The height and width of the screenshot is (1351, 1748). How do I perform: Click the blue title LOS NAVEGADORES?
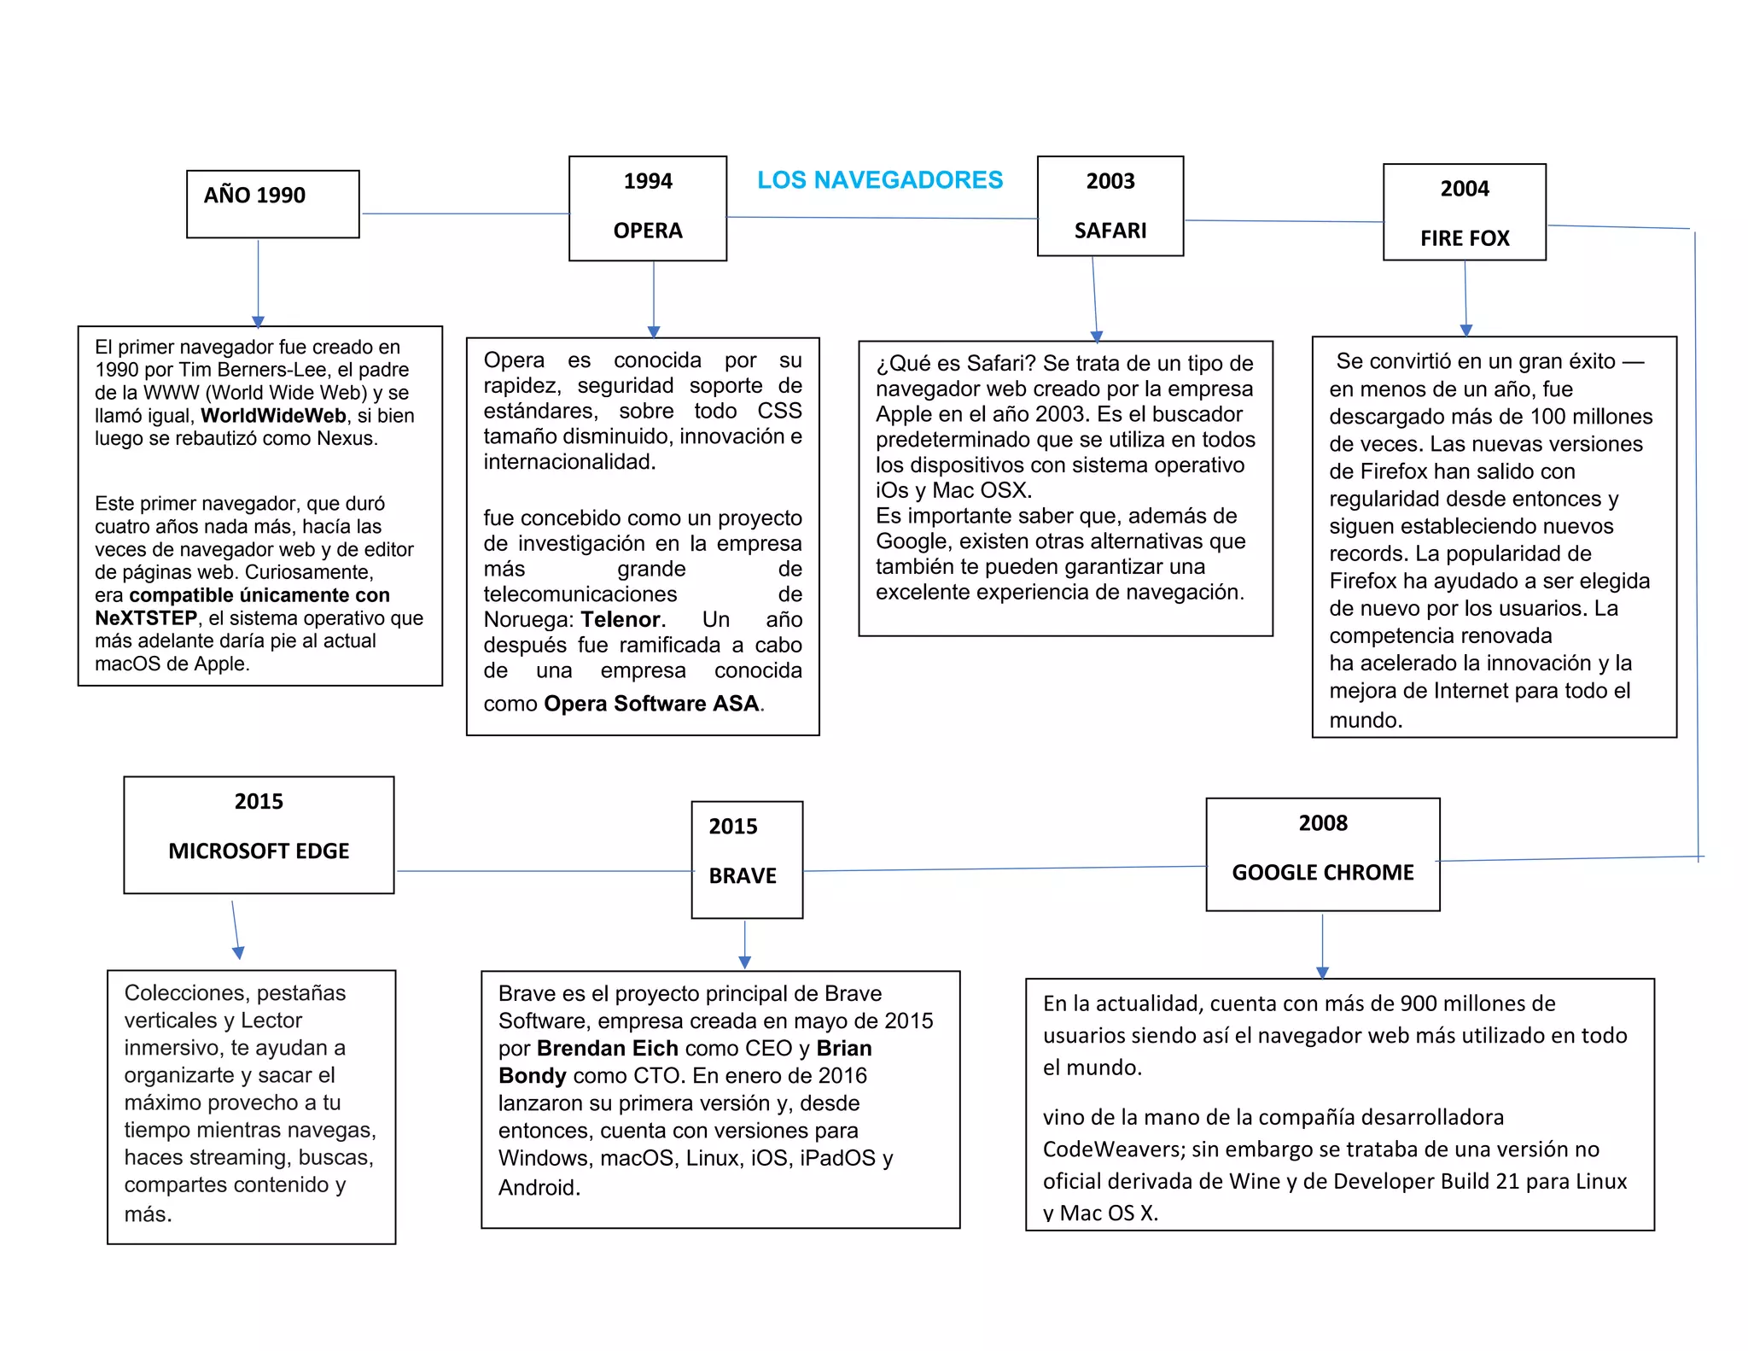tap(880, 180)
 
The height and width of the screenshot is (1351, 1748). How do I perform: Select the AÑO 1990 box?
tap(272, 203)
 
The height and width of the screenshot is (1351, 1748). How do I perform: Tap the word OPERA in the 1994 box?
tap(648, 231)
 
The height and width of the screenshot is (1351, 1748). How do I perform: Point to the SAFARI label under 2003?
tap(1110, 231)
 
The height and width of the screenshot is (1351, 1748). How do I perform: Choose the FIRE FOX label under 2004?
tap(1465, 238)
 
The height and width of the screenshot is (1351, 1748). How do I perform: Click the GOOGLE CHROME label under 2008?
tap(1322, 873)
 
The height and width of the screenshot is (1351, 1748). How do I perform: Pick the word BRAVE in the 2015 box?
tap(743, 876)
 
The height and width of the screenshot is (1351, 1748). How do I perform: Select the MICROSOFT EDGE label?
tap(259, 851)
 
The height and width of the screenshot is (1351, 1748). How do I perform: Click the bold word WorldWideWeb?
tap(273, 416)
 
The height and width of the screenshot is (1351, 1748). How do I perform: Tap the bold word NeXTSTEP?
tap(146, 618)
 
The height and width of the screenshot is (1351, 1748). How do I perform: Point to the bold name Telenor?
tap(621, 620)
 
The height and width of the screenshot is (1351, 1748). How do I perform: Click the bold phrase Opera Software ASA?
tap(651, 704)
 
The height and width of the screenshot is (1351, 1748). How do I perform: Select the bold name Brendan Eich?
tap(607, 1049)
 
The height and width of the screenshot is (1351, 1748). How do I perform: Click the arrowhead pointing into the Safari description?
tap(1097, 336)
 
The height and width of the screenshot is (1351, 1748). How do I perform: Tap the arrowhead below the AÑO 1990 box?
tap(259, 322)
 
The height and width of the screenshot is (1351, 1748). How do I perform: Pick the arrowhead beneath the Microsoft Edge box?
tap(238, 953)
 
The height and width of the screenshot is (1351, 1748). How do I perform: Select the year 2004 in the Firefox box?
tap(1465, 189)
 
